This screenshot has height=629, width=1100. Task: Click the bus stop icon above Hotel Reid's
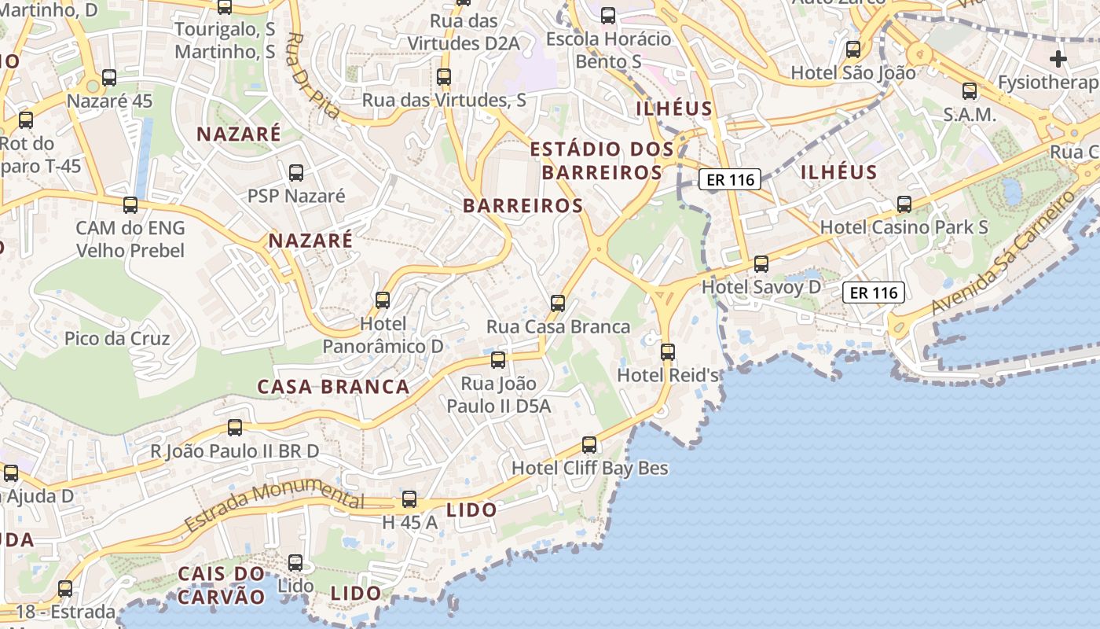coord(668,351)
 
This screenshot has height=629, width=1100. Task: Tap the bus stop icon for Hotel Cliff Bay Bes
coord(589,445)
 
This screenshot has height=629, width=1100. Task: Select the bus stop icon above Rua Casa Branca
coord(558,303)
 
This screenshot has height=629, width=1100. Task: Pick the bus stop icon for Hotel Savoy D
coord(761,264)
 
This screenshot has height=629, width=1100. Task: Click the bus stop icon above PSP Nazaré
coord(296,173)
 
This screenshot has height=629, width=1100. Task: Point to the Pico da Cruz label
coord(117,339)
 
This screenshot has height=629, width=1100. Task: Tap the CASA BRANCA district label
coord(334,387)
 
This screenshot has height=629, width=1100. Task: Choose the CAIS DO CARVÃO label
coord(221,584)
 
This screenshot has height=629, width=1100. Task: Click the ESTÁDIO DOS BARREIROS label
coord(602,160)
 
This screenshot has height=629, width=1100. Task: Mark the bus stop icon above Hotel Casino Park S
coord(904,204)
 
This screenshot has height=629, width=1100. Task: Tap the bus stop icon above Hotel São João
coord(853,50)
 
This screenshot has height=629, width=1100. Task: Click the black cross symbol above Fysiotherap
coord(1058,59)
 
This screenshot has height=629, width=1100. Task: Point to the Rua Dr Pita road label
coord(313,75)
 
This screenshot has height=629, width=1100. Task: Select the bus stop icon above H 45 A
coord(409,499)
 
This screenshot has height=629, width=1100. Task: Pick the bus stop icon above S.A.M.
coord(970,91)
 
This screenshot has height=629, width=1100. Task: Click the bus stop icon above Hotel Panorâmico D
coord(383,300)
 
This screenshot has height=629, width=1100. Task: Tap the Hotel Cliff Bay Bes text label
coord(589,469)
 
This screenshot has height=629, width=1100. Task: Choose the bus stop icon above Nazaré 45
coord(109,78)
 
